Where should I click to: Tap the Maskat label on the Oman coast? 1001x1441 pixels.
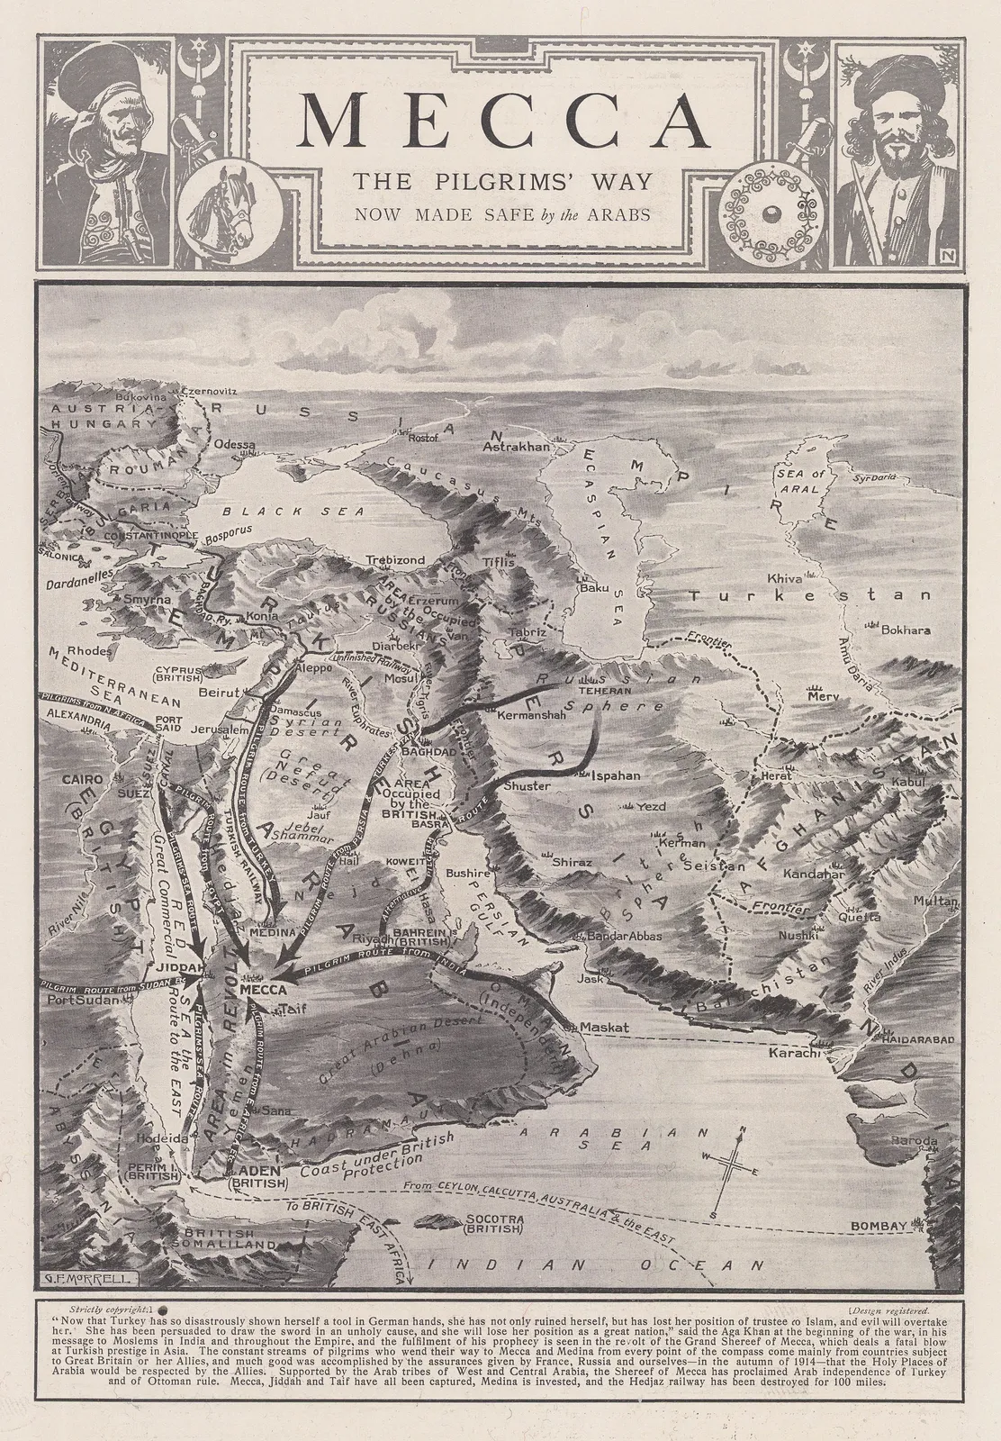603,1028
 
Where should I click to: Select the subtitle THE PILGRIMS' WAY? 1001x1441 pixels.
500,182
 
